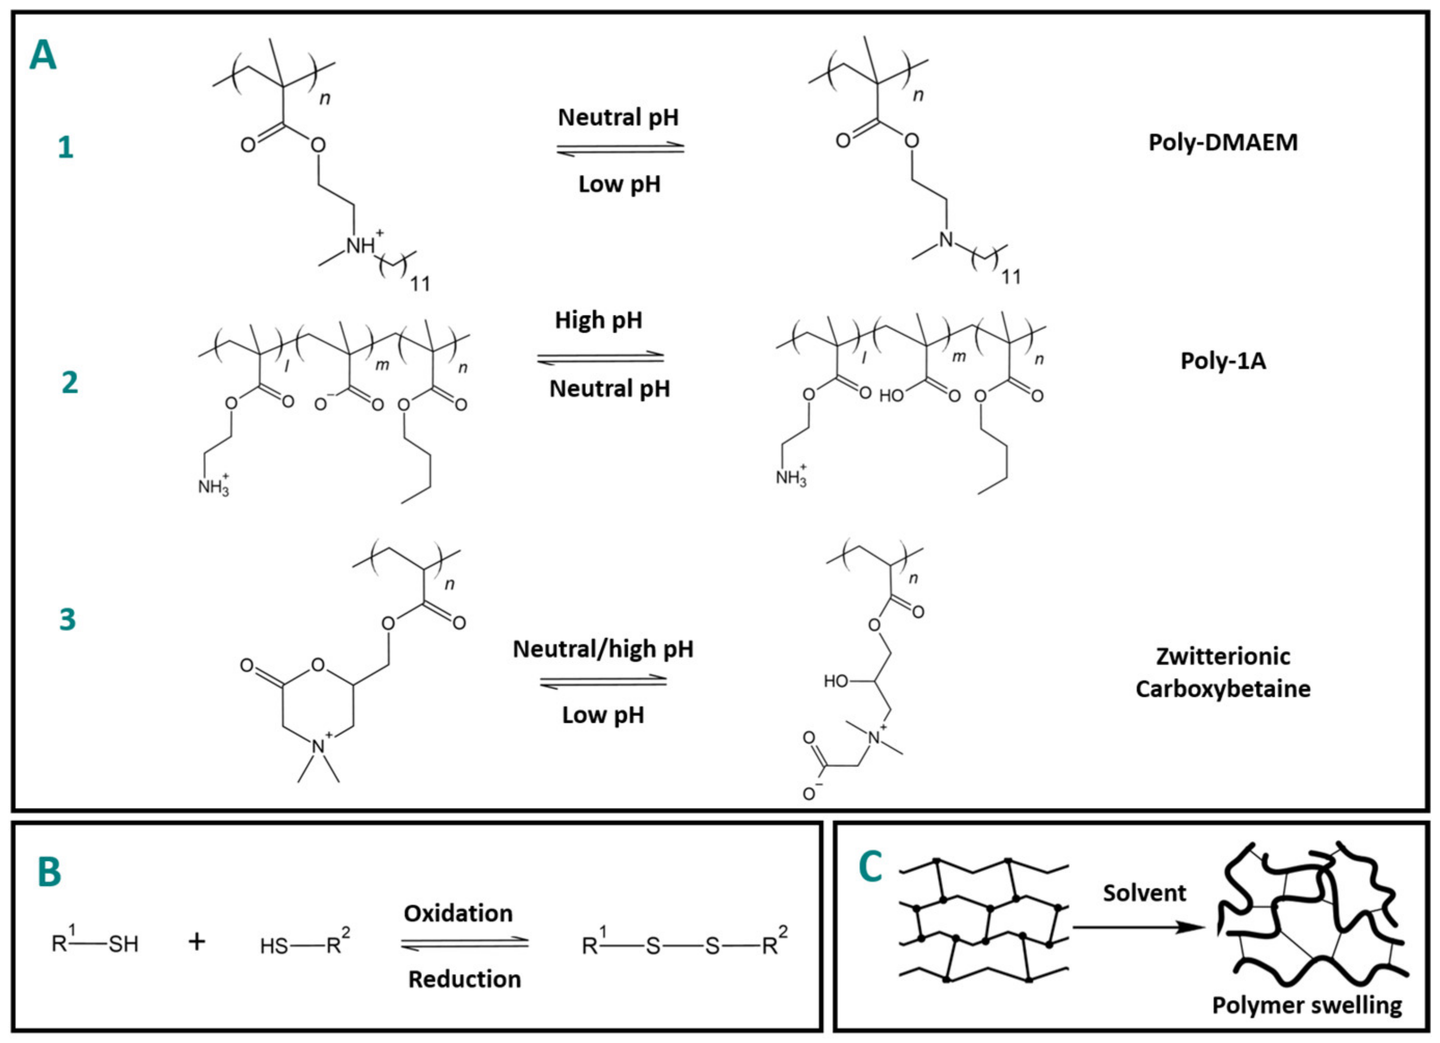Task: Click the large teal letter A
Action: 43,56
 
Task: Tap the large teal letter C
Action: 871,867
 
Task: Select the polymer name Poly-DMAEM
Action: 1223,142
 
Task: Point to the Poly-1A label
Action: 1223,361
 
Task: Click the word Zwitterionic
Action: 1223,656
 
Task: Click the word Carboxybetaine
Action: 1223,689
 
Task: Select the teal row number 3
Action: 67,619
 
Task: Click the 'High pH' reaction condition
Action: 598,321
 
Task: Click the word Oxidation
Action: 458,913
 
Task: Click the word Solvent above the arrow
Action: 1144,893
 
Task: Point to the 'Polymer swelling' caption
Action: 1307,1006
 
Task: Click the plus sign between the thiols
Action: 197,942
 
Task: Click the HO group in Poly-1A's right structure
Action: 891,396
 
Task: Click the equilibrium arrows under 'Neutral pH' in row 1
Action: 620,148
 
